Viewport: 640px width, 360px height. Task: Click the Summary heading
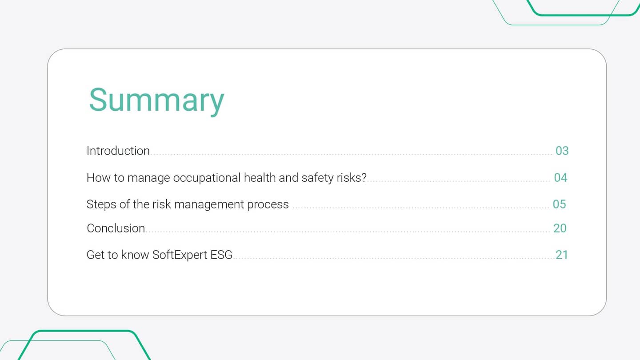tap(156, 100)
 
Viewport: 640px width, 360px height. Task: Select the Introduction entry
tap(118, 151)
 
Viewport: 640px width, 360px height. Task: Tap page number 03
tap(562, 151)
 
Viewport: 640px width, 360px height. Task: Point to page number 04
tap(560, 178)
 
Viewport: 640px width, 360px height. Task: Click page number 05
tap(559, 204)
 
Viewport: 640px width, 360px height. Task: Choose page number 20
tap(560, 228)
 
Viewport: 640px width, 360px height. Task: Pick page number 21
tap(562, 255)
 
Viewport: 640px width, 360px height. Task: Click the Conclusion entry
tap(116, 228)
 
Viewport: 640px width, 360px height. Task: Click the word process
tap(268, 204)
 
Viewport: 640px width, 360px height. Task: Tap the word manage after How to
tap(148, 178)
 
